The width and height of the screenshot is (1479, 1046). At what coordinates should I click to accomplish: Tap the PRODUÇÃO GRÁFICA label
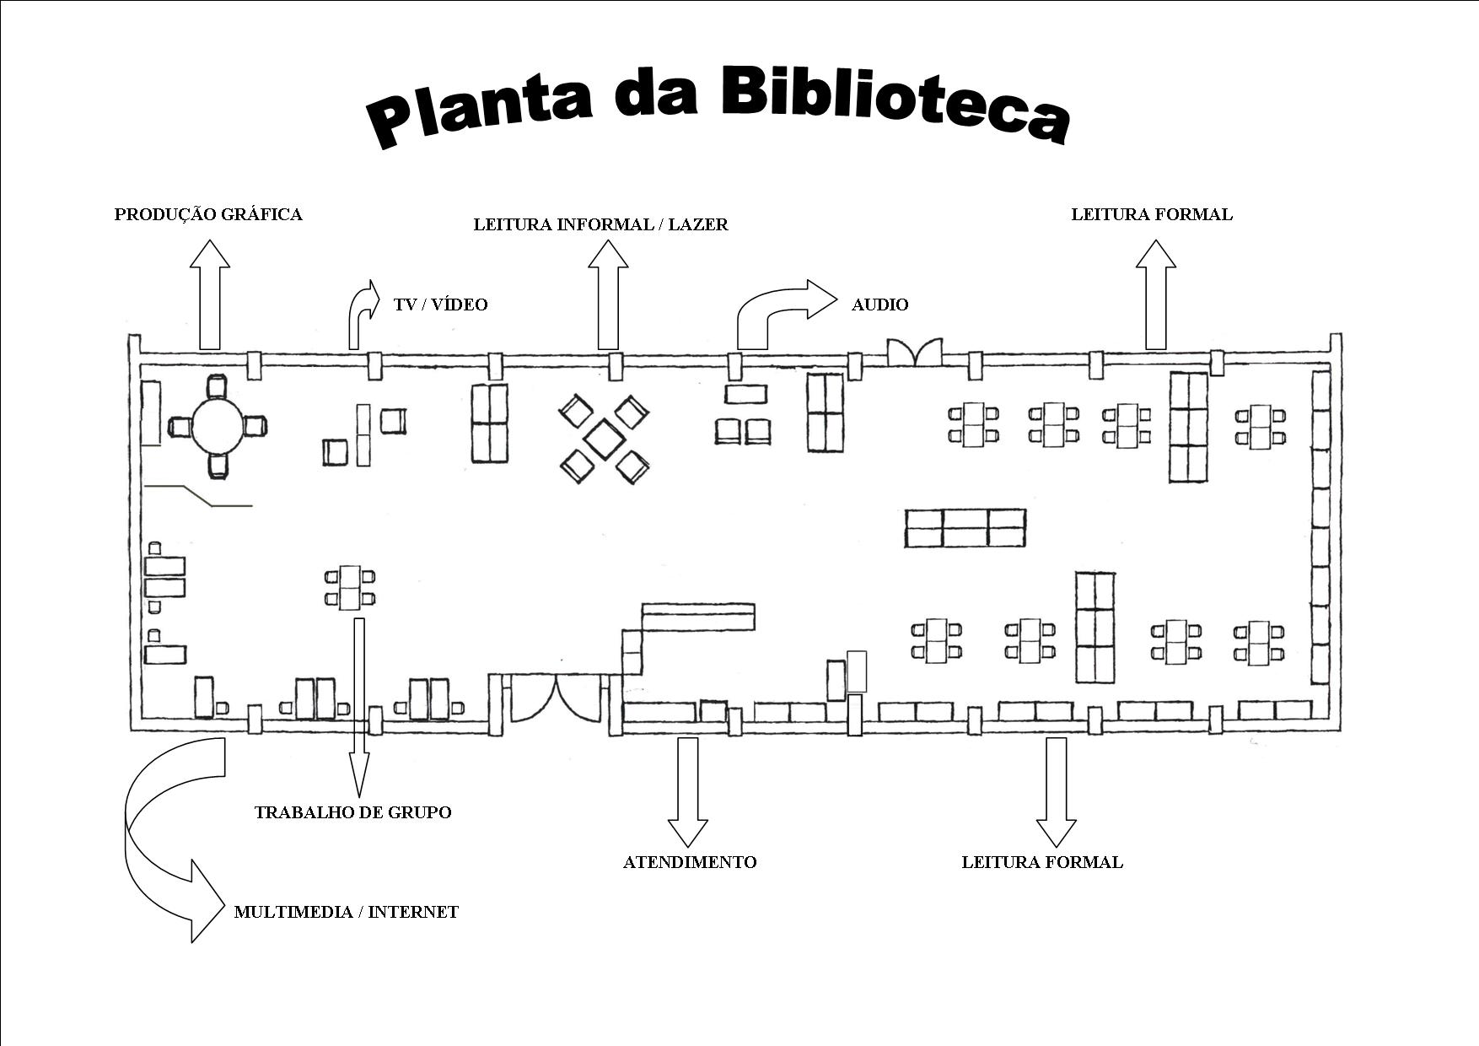click(x=208, y=214)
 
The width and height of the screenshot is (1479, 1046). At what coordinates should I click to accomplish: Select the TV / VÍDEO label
click(x=440, y=305)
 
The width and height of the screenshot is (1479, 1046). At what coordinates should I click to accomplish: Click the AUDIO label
click(x=879, y=305)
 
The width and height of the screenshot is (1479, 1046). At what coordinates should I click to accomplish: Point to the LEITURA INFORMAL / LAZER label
click(x=600, y=224)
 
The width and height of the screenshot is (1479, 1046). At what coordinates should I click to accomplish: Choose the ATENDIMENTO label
click(x=690, y=862)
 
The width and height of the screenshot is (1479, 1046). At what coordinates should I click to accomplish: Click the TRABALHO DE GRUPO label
click(x=352, y=812)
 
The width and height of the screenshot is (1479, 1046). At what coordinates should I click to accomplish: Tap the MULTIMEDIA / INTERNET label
click(x=346, y=912)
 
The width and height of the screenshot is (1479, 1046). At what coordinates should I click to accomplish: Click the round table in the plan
click(x=218, y=426)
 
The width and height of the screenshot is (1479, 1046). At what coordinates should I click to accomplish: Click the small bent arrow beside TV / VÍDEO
click(x=361, y=312)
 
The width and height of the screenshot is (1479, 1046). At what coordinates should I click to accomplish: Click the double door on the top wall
click(x=914, y=352)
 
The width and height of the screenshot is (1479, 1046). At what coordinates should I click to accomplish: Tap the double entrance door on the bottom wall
click(x=555, y=698)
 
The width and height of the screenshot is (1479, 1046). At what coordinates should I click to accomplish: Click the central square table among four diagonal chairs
click(x=605, y=439)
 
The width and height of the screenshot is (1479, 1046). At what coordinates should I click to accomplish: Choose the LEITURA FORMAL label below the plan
click(x=1042, y=862)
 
